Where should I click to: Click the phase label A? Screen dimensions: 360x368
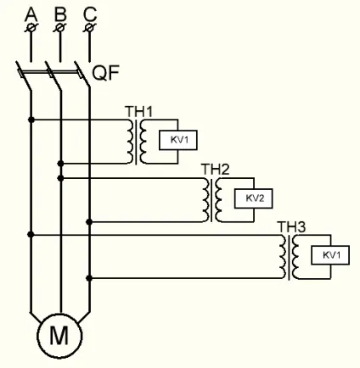(31, 14)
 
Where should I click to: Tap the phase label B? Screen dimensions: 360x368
(60, 14)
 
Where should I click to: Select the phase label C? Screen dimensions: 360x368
(90, 14)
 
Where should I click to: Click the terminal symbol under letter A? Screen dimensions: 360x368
(31, 28)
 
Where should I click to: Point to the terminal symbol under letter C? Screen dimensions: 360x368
(90, 28)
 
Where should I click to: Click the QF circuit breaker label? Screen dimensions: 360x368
(106, 73)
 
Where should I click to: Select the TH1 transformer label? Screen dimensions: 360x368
(138, 112)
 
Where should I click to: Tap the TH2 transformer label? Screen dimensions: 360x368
(216, 170)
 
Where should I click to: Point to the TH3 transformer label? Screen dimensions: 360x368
(291, 227)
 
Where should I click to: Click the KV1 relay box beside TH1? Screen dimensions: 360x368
(178, 140)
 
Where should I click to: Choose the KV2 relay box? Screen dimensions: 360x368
(254, 198)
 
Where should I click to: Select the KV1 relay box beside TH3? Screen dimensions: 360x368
(330, 255)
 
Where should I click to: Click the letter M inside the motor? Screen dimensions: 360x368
(59, 336)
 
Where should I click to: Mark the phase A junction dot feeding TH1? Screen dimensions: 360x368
(31, 120)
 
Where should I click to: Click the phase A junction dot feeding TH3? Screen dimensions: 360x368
(31, 235)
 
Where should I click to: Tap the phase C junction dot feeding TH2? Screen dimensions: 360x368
(89, 222)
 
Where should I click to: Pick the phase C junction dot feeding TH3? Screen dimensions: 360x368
(89, 278)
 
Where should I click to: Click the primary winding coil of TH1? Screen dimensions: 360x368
(130, 142)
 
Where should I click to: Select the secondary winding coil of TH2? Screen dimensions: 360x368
(218, 200)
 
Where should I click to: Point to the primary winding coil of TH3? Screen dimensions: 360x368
(283, 257)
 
